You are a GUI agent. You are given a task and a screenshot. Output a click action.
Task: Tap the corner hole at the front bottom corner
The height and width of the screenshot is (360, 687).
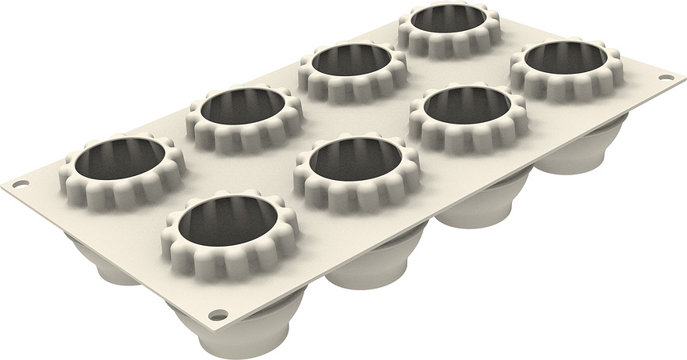click(x=219, y=316)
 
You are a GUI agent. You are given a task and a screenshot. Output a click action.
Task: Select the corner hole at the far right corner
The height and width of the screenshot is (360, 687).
click(x=665, y=78)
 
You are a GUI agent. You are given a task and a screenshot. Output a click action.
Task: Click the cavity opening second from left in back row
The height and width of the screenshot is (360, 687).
click(x=244, y=111)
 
